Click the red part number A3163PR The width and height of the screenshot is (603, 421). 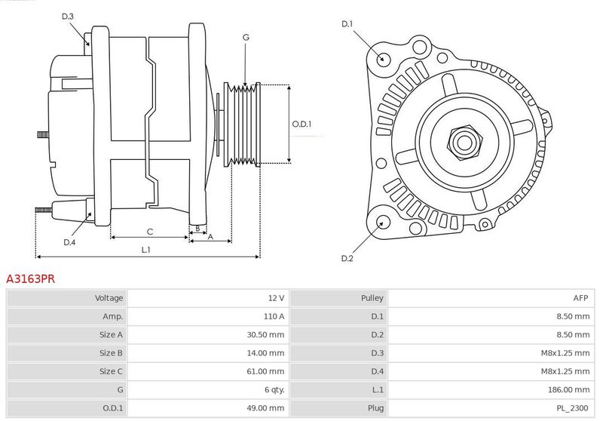30,278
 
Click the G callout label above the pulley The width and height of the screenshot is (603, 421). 246,37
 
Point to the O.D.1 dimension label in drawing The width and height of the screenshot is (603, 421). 301,124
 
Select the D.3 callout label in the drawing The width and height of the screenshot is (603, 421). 67,16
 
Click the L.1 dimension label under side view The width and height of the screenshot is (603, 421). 146,250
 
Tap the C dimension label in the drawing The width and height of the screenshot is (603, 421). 149,231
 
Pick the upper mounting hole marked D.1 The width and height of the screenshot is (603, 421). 382,58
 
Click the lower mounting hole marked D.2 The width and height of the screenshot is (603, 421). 382,222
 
